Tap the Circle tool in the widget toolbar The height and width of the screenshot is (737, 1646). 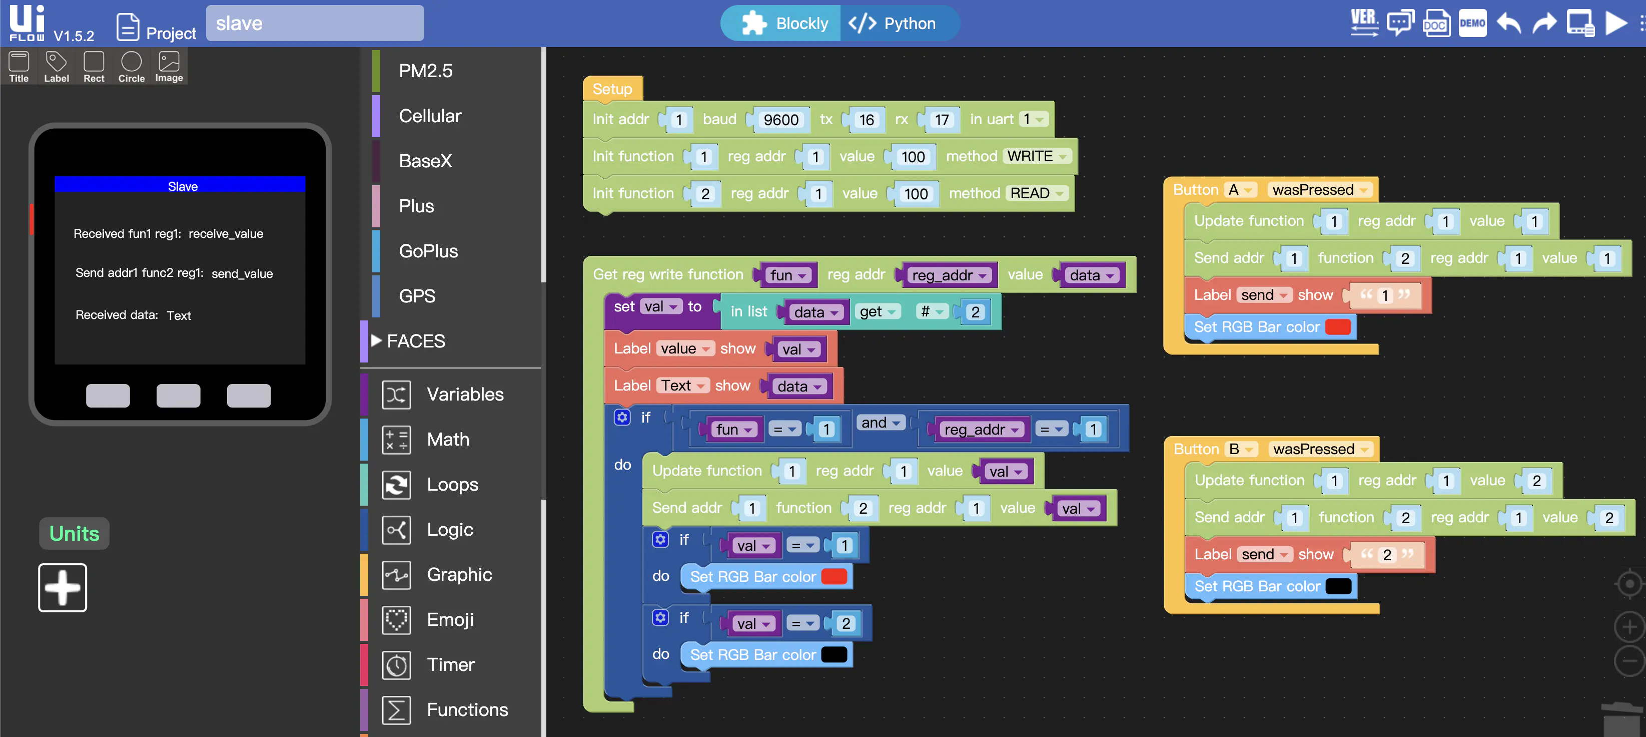coord(131,67)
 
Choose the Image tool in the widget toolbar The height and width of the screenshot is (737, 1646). coord(169,67)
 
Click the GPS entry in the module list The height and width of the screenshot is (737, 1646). coord(417,296)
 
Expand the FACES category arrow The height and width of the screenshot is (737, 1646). coord(376,340)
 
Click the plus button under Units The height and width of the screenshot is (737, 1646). coord(63,587)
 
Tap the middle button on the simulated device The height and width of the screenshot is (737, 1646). coord(178,396)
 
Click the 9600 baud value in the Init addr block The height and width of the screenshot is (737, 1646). coord(781,120)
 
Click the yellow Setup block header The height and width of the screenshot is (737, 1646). coord(612,89)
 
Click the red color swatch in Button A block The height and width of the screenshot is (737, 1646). coord(1338,326)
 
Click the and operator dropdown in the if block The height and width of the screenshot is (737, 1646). coord(881,423)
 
